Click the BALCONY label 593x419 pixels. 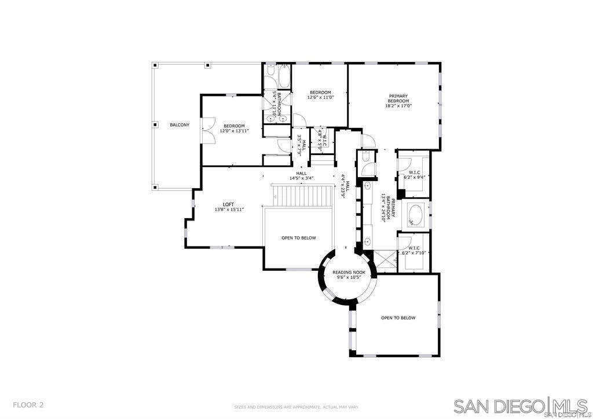[180, 125]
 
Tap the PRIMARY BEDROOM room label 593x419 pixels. [398, 98]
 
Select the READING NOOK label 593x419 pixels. [349, 272]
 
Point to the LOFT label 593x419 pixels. [229, 204]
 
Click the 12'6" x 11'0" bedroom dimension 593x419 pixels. [320, 97]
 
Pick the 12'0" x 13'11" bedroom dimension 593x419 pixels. [234, 131]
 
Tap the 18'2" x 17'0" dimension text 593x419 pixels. [398, 106]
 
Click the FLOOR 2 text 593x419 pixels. [28, 405]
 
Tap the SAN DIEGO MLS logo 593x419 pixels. [521, 406]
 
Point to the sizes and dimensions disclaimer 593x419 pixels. [296, 407]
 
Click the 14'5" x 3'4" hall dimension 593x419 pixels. [301, 178]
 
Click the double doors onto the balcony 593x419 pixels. [208, 131]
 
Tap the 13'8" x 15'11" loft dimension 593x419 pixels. [229, 209]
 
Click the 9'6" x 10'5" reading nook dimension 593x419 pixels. [349, 277]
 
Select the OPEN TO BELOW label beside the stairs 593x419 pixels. [298, 238]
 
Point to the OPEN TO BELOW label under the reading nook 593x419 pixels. [398, 318]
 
